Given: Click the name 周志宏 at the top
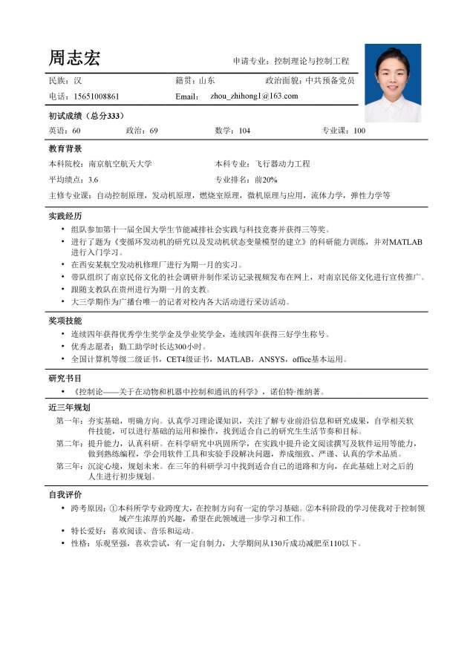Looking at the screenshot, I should pos(74,58).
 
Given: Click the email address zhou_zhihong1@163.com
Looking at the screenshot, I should pos(255,96).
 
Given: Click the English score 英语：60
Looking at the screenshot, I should pos(65,131).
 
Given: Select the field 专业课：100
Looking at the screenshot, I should pos(343,131).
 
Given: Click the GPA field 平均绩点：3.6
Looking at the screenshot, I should pos(74,180).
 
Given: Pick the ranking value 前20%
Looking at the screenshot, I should pos(266,180).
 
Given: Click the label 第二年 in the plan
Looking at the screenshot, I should pos(69,443).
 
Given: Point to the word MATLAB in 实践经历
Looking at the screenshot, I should pos(405,242).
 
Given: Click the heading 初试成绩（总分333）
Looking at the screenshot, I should pos(86,116).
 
